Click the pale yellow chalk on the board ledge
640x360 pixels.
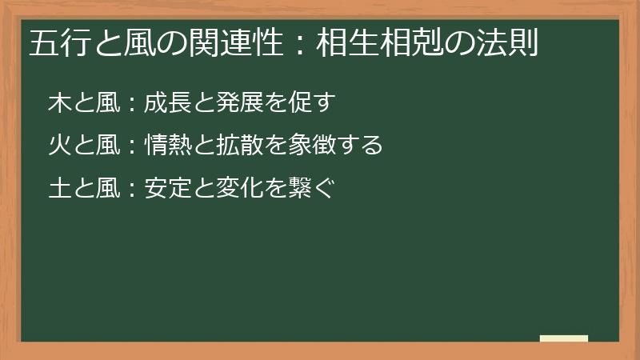point(564,338)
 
